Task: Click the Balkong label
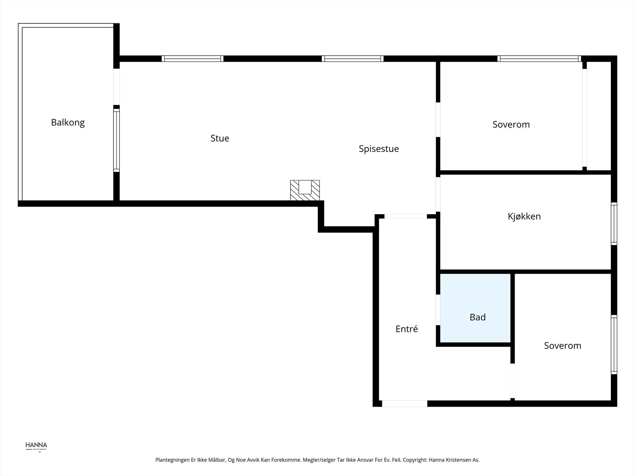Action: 68,123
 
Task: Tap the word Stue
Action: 220,138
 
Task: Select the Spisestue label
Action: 379,149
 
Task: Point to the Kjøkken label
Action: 524,217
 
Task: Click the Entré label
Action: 407,329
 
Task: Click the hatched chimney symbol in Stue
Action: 305,190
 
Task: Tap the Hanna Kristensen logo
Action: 36,446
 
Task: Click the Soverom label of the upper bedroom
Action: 511,125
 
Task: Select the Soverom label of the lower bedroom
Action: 562,346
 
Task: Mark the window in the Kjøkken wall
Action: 614,223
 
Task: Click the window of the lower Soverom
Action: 614,344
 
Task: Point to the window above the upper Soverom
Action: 539,59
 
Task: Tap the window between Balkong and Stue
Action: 116,140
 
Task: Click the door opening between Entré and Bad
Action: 438,310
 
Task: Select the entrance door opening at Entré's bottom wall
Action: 404,403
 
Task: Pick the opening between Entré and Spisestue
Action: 406,217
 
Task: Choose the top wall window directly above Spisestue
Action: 352,59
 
